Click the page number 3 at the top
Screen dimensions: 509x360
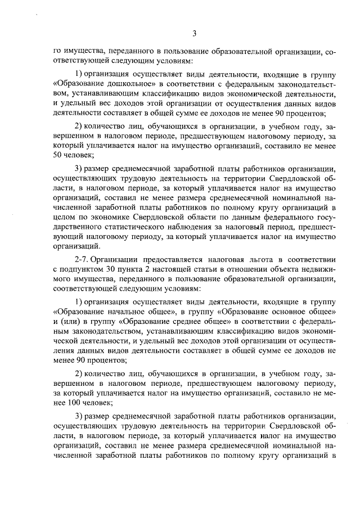[193, 33]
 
